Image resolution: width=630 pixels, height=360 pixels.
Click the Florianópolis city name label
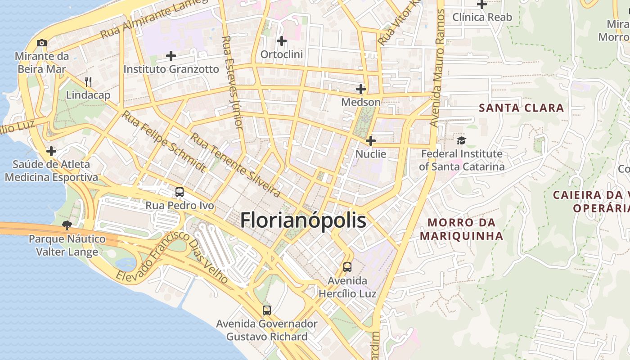point(303,221)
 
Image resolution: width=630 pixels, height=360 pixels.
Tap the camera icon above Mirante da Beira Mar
point(42,43)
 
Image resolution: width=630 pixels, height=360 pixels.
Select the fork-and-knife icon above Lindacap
point(88,82)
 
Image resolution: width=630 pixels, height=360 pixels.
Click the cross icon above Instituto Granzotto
point(171,56)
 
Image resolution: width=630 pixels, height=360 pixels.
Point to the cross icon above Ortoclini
point(282,41)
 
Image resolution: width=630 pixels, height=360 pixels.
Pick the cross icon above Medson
point(361,89)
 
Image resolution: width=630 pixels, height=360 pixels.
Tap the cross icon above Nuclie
point(371,141)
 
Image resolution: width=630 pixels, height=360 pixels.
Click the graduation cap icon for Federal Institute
point(461,140)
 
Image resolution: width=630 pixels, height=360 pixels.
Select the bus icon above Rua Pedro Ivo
point(180,192)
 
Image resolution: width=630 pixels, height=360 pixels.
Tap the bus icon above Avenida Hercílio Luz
point(347,267)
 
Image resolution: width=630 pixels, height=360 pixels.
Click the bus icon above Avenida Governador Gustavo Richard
point(267,310)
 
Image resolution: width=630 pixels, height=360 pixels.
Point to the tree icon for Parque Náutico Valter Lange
point(67,225)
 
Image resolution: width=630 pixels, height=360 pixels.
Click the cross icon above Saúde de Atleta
point(51,151)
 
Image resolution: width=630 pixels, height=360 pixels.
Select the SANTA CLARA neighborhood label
point(521,108)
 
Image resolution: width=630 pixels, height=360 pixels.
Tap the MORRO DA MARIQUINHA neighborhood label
point(461,229)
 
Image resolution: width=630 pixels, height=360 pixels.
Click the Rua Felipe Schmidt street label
point(164,142)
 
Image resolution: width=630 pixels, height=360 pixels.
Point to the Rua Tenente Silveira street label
point(235,165)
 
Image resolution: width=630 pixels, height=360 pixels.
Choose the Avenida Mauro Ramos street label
point(437,67)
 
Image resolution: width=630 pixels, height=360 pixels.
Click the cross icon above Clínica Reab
point(482,4)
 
